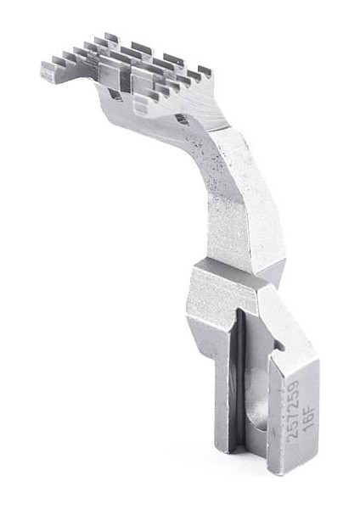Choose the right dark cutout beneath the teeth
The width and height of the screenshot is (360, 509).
point(182,120)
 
